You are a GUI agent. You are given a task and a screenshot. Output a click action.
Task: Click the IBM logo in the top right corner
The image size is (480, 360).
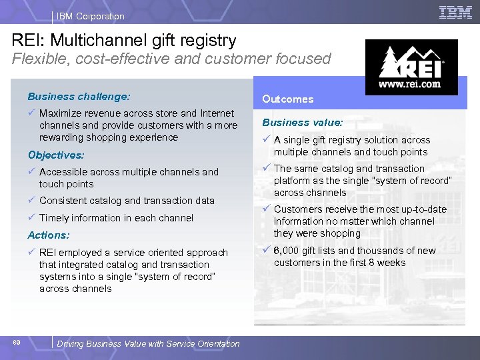pyautogui.click(x=455, y=13)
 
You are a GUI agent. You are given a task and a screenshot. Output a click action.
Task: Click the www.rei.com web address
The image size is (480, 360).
pyautogui.click(x=409, y=85)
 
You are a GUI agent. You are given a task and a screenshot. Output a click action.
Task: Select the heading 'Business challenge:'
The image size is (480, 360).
pyautogui.click(x=79, y=97)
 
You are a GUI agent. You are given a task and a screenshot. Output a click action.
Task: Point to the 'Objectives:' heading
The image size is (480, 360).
pyautogui.click(x=56, y=155)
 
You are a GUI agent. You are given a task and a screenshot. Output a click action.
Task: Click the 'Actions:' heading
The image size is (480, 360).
pyautogui.click(x=49, y=235)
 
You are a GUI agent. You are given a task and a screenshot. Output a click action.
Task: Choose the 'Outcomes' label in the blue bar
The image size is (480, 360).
pyautogui.click(x=287, y=99)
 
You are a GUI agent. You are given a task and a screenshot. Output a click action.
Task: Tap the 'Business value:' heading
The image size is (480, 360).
pyautogui.click(x=303, y=123)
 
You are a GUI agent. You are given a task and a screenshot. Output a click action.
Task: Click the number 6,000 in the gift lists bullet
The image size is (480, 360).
pyautogui.click(x=288, y=251)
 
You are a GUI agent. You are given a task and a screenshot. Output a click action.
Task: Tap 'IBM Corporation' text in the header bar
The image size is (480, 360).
pyautogui.click(x=91, y=16)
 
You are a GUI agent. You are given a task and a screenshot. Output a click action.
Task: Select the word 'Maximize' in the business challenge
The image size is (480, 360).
pyautogui.click(x=61, y=113)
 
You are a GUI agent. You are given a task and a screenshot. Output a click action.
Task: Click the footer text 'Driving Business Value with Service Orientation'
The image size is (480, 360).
pyautogui.click(x=148, y=344)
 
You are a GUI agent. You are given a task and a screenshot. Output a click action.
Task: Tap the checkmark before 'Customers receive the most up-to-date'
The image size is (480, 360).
pyautogui.click(x=266, y=209)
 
